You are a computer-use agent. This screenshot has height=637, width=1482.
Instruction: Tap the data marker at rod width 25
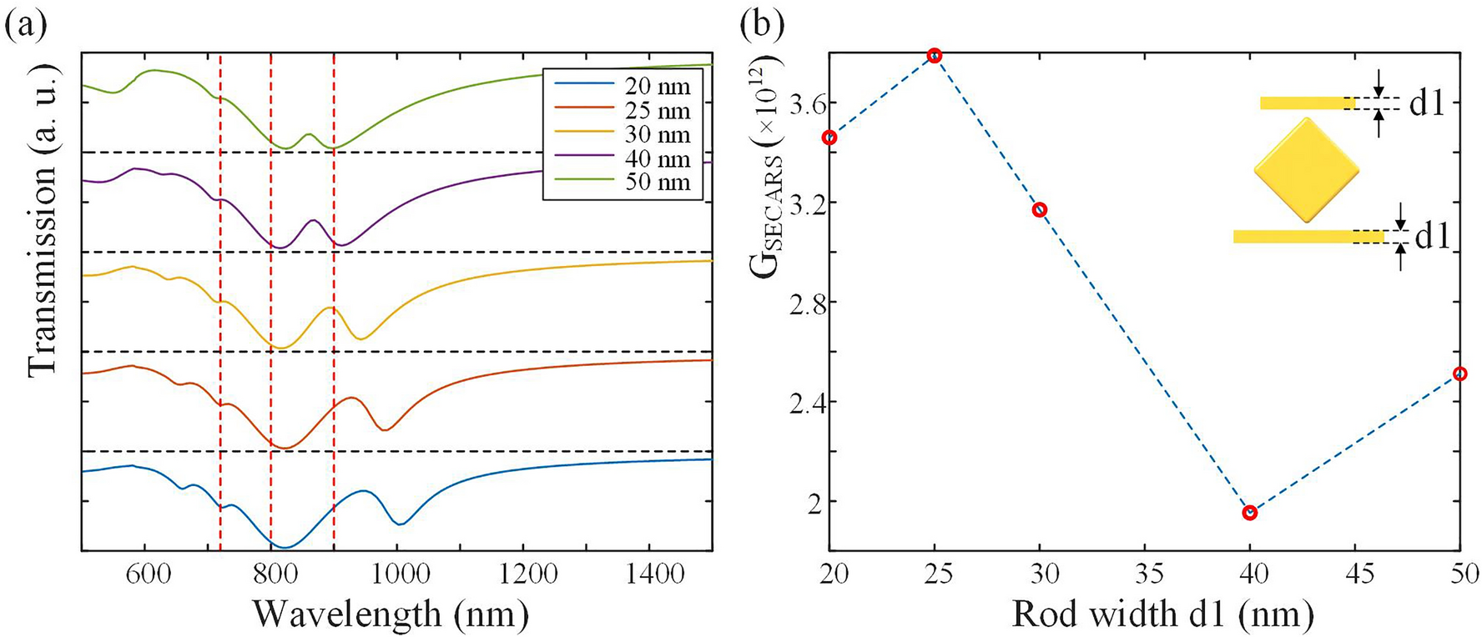[935, 55]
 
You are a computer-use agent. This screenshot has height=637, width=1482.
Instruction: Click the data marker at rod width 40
[1249, 512]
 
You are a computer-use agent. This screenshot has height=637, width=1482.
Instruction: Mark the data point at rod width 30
[1040, 209]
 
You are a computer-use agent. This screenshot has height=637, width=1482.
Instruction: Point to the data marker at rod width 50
[1459, 374]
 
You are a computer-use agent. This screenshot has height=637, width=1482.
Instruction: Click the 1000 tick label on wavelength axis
[397, 574]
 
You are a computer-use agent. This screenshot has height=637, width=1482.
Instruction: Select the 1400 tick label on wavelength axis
[649, 574]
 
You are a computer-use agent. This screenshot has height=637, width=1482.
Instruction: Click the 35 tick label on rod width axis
[1145, 574]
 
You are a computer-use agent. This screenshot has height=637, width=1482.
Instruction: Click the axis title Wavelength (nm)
[391, 614]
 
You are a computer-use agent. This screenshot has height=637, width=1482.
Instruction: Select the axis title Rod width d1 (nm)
[1162, 614]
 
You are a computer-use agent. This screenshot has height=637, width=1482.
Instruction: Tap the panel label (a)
[25, 25]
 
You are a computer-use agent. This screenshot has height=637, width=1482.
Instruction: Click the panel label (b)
[763, 25]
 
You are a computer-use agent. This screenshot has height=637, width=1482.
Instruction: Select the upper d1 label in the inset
[1426, 103]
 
